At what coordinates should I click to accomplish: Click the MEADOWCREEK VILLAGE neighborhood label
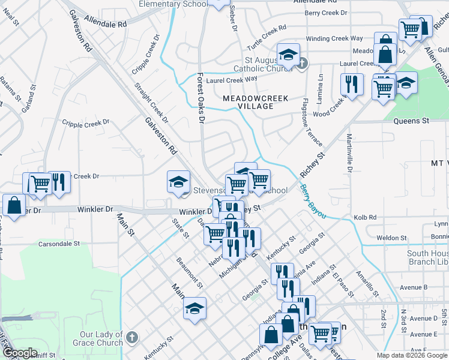pyautogui.click(x=256, y=102)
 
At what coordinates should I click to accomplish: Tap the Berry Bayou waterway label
pyautogui.click(x=313, y=202)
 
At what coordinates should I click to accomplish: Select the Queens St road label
pyautogui.click(x=411, y=121)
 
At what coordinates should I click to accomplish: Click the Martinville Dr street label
pyautogui.click(x=349, y=154)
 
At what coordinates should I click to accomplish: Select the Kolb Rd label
pyautogui.click(x=382, y=217)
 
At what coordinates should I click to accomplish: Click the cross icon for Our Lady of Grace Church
pyautogui.click(x=133, y=338)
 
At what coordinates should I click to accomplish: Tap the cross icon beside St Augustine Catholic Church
pyautogui.click(x=303, y=62)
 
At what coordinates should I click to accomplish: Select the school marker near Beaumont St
pyautogui.click(x=194, y=308)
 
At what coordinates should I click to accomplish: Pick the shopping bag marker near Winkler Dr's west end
pyautogui.click(x=13, y=205)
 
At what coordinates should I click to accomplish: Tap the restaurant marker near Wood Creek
pyautogui.click(x=352, y=83)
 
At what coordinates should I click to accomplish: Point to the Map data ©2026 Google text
pyautogui.click(x=411, y=355)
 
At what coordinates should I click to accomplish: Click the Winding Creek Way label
pyautogui.click(x=334, y=38)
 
